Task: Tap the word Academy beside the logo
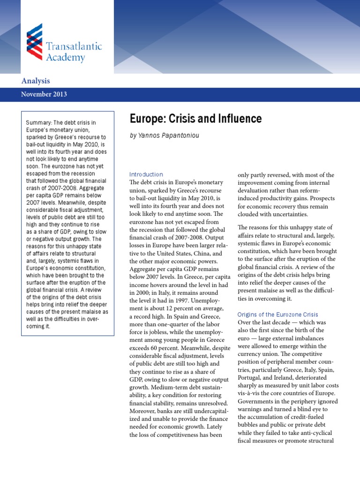tap(66, 58)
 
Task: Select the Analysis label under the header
tap(36, 81)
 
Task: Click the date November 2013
tap(44, 94)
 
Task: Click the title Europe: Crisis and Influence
tap(195, 118)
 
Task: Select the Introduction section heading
tap(146, 174)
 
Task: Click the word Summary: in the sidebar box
tap(38, 123)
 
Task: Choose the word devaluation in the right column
tap(257, 191)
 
